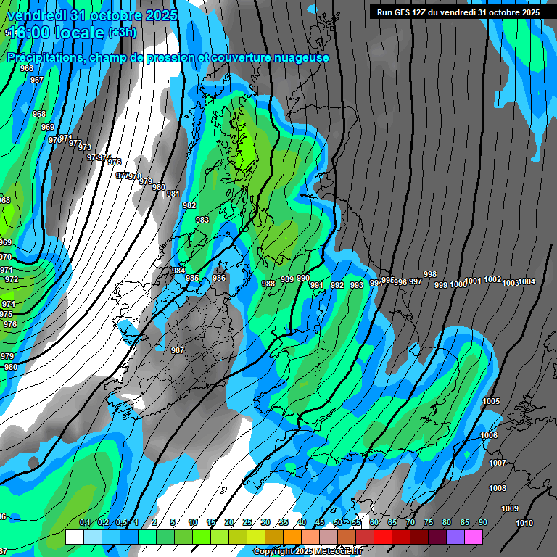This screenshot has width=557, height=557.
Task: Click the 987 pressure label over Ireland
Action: (x=178, y=350)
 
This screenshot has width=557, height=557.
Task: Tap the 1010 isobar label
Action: (x=524, y=523)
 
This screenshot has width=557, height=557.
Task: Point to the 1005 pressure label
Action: (x=491, y=401)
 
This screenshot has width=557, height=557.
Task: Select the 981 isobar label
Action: (x=173, y=194)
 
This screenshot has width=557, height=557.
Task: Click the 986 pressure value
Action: (x=219, y=278)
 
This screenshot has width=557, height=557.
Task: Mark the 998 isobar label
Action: (x=430, y=274)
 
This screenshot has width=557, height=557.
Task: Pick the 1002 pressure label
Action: (x=492, y=279)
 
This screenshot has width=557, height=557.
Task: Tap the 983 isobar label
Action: (x=202, y=220)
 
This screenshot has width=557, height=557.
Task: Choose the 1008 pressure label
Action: (x=498, y=488)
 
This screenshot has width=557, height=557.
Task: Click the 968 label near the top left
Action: (x=39, y=114)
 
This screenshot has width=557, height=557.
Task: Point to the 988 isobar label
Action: (x=268, y=284)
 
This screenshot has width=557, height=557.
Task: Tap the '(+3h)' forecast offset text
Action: (x=126, y=33)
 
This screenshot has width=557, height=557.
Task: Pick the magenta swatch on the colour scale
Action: (x=474, y=537)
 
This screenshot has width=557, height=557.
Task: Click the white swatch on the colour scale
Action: (x=75, y=537)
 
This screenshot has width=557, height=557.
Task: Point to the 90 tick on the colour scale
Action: (x=482, y=523)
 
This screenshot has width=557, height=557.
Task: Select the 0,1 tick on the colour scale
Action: (x=84, y=523)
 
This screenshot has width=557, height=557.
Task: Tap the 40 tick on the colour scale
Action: (x=301, y=523)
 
